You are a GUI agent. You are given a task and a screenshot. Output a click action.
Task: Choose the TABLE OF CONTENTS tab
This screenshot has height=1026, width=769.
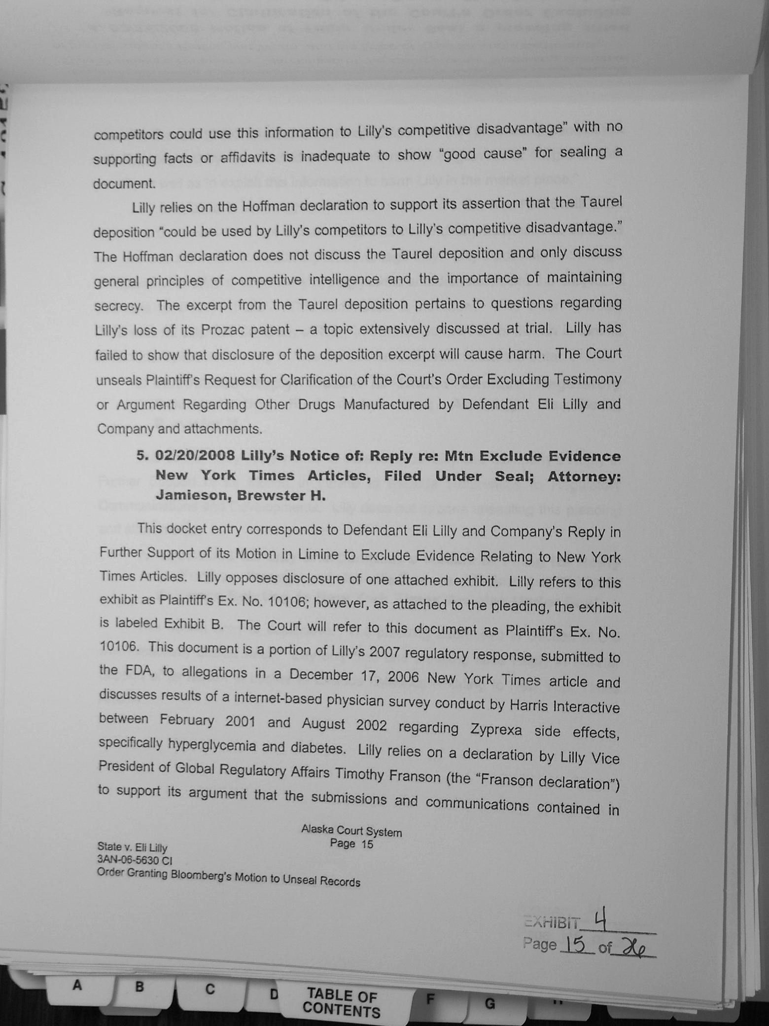click(341, 1003)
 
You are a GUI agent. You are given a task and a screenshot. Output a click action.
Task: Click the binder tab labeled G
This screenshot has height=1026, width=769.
click(489, 1004)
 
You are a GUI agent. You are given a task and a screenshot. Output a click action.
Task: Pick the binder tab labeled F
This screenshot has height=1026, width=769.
click(430, 1000)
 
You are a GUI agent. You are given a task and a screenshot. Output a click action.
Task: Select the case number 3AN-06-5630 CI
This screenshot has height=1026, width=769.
click(135, 860)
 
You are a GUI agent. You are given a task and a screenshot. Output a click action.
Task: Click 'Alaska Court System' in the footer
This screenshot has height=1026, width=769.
click(351, 831)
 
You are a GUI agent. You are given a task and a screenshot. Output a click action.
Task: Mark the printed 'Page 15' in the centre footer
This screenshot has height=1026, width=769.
click(351, 844)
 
